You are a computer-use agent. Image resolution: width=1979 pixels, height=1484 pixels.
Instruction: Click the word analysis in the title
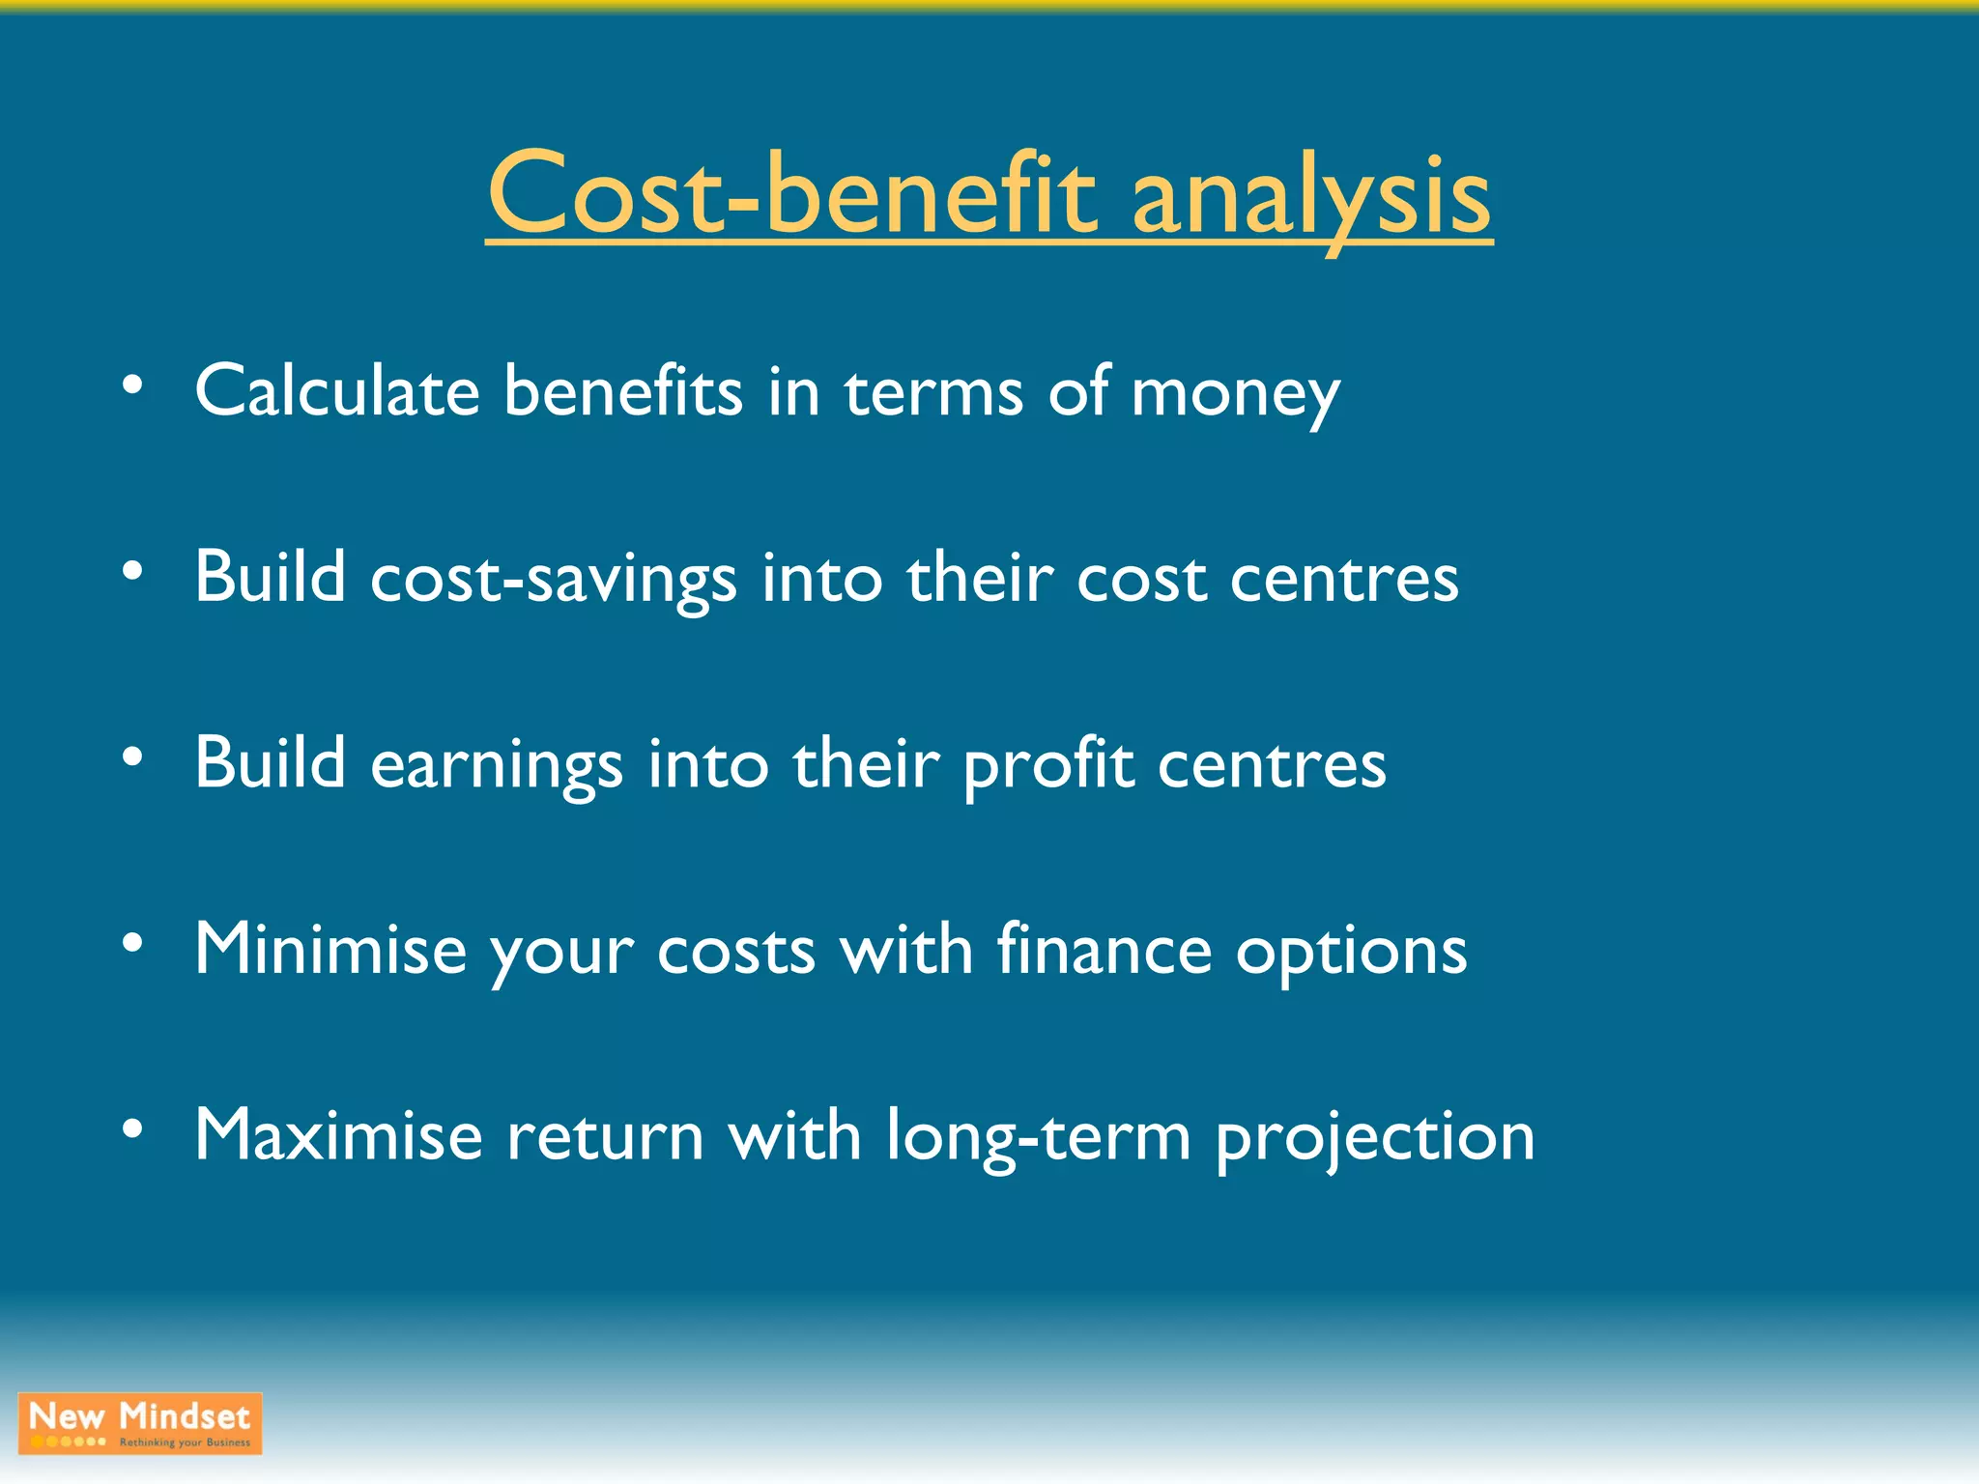click(x=1311, y=198)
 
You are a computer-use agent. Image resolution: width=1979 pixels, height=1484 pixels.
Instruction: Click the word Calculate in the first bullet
click(x=337, y=391)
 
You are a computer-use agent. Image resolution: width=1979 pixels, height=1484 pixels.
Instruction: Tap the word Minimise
click(x=330, y=949)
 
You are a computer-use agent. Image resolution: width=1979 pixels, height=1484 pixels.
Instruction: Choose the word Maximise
click(x=338, y=1135)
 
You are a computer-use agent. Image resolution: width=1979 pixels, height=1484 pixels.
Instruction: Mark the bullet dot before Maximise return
click(x=133, y=1128)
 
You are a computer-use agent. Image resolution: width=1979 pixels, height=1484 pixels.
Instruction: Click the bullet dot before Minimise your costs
click(x=133, y=942)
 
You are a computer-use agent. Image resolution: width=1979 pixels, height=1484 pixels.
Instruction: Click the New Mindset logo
click(x=140, y=1423)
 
